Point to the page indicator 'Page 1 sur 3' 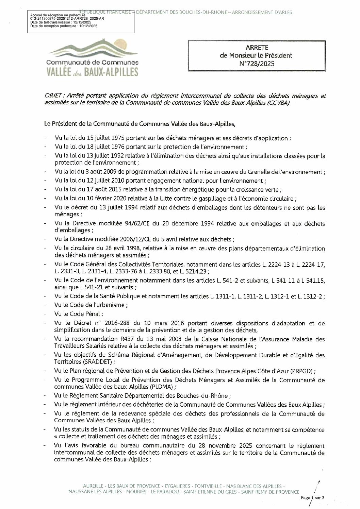click(313, 497)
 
